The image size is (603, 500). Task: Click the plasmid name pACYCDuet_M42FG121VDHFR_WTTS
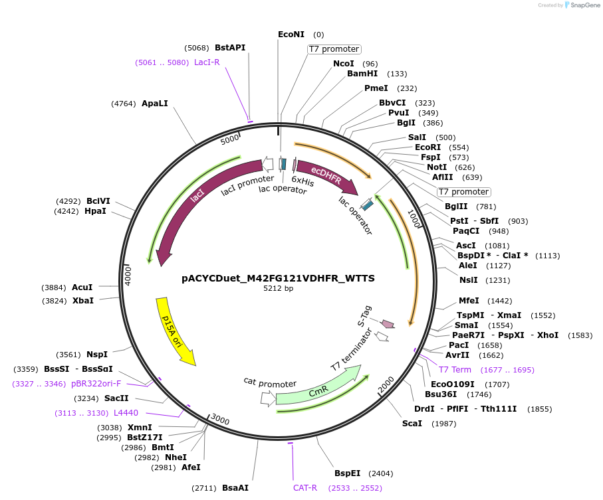click(278, 278)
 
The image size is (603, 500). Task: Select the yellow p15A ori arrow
click(174, 330)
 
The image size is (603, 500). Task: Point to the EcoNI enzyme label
click(291, 34)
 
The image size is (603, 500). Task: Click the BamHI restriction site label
click(362, 74)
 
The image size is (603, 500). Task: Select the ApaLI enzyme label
click(155, 104)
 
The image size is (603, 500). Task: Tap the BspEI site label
click(347, 473)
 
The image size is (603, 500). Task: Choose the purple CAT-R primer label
click(305, 487)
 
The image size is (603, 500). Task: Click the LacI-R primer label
click(207, 62)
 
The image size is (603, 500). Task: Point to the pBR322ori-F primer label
click(96, 383)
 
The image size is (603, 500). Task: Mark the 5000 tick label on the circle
click(230, 139)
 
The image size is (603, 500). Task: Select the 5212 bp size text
click(278, 289)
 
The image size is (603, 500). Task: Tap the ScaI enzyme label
click(412, 423)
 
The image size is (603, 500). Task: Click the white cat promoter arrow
click(268, 398)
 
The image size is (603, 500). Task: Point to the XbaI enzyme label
click(83, 300)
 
